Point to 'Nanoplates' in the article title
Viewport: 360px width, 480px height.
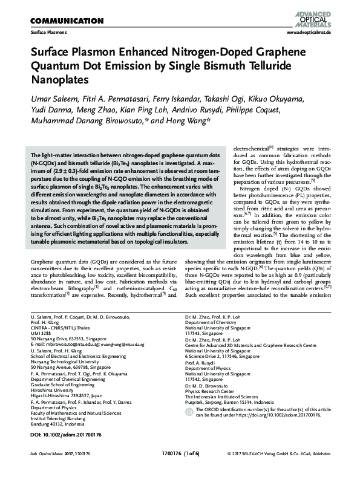click(59, 79)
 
